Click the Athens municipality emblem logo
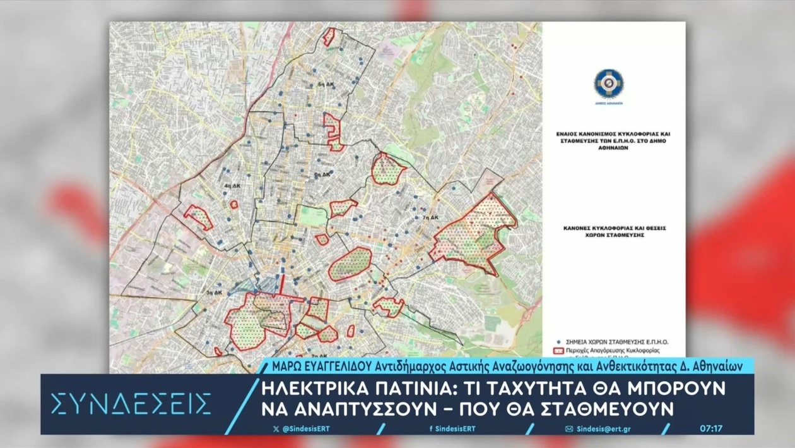tap(608, 84)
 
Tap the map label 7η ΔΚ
tap(432, 217)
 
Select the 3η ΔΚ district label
tap(214, 293)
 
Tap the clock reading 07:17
tap(711, 428)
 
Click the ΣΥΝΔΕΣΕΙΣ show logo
tap(131, 403)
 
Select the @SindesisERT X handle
tap(306, 429)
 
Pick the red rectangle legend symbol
tap(558, 350)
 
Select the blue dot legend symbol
tap(558, 342)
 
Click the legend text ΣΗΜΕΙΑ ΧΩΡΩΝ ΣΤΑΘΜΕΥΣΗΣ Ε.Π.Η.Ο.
tap(617, 342)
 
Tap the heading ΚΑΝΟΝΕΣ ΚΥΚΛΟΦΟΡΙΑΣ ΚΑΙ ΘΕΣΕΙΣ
tap(606, 228)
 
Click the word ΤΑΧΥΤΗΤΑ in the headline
tap(519, 386)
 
